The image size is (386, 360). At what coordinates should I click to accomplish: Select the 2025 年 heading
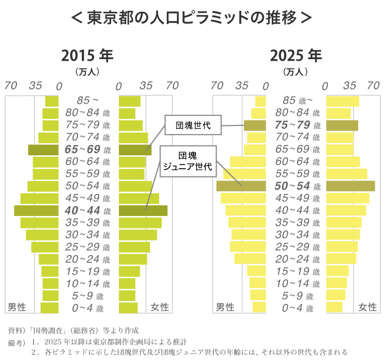coord(295,55)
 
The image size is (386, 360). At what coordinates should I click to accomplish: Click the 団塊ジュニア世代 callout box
coord(188,160)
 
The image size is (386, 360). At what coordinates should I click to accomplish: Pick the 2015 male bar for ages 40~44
coord(37,210)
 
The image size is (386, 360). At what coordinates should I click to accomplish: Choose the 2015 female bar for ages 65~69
coord(135,150)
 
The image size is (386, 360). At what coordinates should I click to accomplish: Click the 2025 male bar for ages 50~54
coord(241,186)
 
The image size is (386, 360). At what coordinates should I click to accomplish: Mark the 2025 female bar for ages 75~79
coord(342,125)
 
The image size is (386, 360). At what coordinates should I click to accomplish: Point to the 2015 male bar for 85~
coord(52,101)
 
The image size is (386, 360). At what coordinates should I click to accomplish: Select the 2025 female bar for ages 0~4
coord(334,308)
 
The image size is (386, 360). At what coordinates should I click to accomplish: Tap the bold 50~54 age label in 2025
coord(292,186)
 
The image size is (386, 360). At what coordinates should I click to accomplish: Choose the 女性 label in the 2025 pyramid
coord(367,307)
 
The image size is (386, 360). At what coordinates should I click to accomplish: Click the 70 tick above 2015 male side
coord(12,86)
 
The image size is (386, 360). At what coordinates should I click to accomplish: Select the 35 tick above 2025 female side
coord(350,85)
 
